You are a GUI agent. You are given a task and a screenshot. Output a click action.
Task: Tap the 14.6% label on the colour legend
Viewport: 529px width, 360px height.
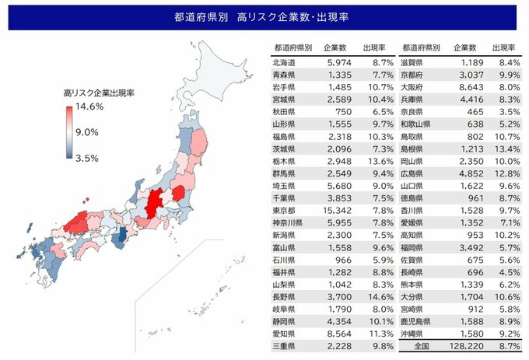pos(89,106)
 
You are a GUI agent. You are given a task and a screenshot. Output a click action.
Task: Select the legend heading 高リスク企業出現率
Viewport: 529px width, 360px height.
pos(99,93)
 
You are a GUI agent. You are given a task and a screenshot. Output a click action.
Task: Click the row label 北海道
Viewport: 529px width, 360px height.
pos(285,61)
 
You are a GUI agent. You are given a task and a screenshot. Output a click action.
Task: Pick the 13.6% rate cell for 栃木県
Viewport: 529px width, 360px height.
pos(381,161)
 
